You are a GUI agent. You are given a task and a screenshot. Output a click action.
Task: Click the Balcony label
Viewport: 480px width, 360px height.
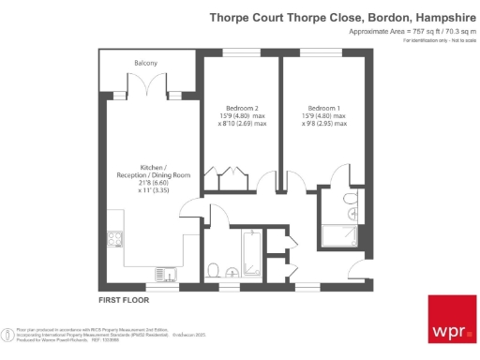[x=145, y=63]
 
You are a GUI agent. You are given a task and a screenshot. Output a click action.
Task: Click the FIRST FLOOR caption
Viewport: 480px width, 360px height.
[x=125, y=300]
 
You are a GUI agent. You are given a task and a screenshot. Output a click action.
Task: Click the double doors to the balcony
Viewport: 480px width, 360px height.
[x=155, y=89]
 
